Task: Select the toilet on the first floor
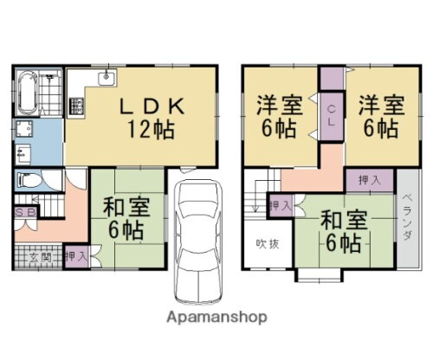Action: (x=27, y=183)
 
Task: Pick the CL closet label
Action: (x=333, y=113)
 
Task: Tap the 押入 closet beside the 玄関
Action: (x=75, y=257)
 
